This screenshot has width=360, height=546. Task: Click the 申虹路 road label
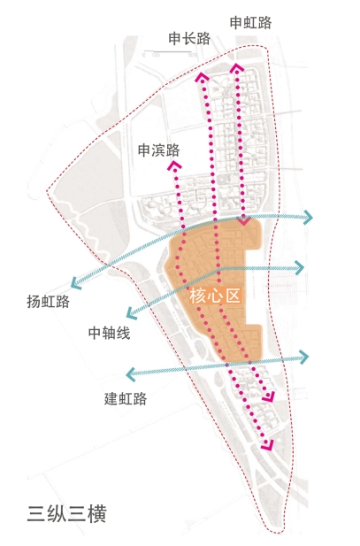tap(250, 23)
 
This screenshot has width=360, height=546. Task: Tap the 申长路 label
tap(190, 38)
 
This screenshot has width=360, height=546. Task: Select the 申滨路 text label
tap(159, 150)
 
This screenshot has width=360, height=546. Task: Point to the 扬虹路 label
tap(49, 302)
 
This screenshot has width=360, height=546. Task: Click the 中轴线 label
tap(110, 334)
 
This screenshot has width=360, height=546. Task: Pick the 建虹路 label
tap(126, 399)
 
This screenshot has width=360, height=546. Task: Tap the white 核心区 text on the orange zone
tap(215, 296)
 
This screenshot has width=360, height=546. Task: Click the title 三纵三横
tap(66, 514)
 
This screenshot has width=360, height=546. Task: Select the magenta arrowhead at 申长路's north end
tap(203, 77)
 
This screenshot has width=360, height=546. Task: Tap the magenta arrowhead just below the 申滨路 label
tap(174, 165)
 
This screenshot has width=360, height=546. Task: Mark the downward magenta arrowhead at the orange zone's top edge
tap(244, 220)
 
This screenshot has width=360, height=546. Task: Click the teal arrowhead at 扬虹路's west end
tap(75, 283)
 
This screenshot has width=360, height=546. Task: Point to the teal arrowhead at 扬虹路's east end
tap(309, 218)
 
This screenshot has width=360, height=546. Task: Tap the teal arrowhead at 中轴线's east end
tap(300, 267)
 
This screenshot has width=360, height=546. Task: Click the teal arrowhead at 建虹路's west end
tap(130, 374)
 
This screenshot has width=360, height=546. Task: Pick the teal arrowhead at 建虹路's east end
tap(304, 357)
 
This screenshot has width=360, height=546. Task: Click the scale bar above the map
tap(168, 52)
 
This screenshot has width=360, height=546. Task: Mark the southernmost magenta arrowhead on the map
tap(268, 445)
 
